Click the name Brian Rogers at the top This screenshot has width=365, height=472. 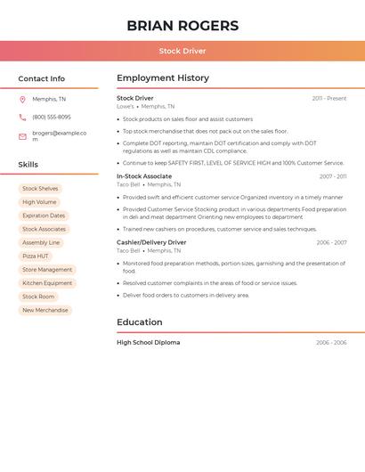pyautogui.click(x=182, y=26)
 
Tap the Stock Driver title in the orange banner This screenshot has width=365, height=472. pyautogui.click(x=182, y=51)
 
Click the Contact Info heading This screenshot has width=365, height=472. pyautogui.click(x=41, y=78)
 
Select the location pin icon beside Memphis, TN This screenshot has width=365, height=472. pyautogui.click(x=22, y=99)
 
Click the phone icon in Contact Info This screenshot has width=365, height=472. pyautogui.click(x=22, y=117)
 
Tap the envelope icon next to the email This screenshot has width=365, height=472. pyautogui.click(x=22, y=136)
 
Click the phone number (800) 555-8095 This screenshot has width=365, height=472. pyautogui.click(x=52, y=117)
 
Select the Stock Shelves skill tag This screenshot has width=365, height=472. pyautogui.click(x=40, y=189)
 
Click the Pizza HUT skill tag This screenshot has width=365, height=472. pyautogui.click(x=36, y=256)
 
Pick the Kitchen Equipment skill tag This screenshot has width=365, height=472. pyautogui.click(x=47, y=283)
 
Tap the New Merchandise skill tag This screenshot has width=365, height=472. pyautogui.click(x=45, y=310)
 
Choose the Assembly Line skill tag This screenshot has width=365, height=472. pyautogui.click(x=41, y=242)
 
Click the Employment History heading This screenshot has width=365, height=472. pyautogui.click(x=163, y=78)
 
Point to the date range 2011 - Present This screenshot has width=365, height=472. pyautogui.click(x=328, y=98)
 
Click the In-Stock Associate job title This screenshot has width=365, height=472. pyautogui.click(x=144, y=176)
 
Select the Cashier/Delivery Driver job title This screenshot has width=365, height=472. pyautogui.click(x=151, y=242)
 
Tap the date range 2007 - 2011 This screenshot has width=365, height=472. pyautogui.click(x=332, y=176)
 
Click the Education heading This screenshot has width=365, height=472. pyautogui.click(x=140, y=322)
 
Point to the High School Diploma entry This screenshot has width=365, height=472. pyautogui.click(x=148, y=342)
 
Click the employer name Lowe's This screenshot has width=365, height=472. pyautogui.click(x=126, y=106)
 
